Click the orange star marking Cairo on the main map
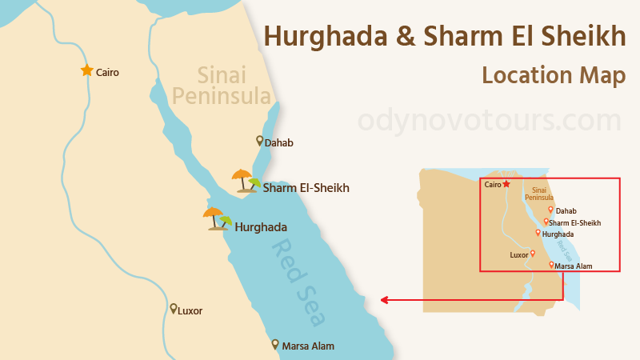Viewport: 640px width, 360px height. tap(86, 70)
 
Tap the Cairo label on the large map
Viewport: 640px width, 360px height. tap(107, 72)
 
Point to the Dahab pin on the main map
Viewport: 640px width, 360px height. tap(259, 141)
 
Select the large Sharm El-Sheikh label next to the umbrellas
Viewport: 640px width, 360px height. tap(306, 188)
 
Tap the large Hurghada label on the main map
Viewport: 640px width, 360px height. tap(261, 226)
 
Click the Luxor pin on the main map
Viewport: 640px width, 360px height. tap(173, 308)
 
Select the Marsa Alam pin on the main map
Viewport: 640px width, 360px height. tap(275, 343)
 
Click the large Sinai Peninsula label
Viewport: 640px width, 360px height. tap(222, 86)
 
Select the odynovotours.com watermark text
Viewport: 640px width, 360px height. tap(489, 121)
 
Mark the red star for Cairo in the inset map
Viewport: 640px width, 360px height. tap(506, 183)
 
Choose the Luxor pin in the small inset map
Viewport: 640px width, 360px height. tap(533, 253)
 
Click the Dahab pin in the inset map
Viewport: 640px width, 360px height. tap(550, 209)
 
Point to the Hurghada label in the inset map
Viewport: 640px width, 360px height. tap(558, 234)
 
